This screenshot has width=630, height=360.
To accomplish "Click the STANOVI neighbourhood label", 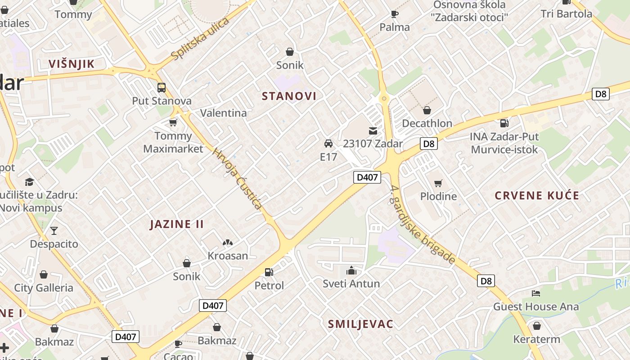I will [x=289, y=96].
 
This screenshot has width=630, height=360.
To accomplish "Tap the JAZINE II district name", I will [x=177, y=224].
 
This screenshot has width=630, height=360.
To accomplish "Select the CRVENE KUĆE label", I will [x=537, y=196].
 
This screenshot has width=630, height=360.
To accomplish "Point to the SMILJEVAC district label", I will [x=360, y=324].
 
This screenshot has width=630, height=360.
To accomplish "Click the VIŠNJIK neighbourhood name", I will [x=72, y=64].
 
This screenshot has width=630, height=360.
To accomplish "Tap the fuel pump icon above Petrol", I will [x=269, y=272].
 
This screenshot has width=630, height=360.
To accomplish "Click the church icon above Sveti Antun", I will [x=351, y=270].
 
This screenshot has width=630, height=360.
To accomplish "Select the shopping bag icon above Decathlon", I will [x=427, y=110].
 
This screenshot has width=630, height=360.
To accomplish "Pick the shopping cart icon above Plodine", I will [x=438, y=183].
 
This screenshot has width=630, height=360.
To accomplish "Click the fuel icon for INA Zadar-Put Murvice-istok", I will [x=504, y=123].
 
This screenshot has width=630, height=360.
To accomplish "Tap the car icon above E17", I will [x=328, y=144].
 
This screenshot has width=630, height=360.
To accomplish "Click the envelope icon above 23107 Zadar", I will [x=373, y=131].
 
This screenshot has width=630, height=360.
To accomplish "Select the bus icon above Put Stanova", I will [x=161, y=88].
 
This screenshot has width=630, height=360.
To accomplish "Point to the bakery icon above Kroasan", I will [x=228, y=243].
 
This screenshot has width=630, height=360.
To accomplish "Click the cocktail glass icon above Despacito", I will [x=54, y=231].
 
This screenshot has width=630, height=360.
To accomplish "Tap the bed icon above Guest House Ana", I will [x=535, y=293].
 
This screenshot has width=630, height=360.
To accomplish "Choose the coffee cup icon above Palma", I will [x=395, y=14].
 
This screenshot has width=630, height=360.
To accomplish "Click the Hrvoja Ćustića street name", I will [x=237, y=178].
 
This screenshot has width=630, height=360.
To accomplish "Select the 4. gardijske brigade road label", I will [x=423, y=225].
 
